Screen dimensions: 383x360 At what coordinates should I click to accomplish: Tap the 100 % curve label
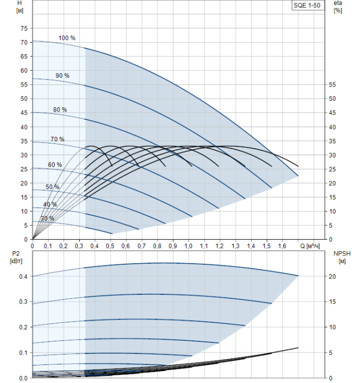67,38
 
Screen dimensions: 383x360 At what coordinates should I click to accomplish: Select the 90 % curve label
62,75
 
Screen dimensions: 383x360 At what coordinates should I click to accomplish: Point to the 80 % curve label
60,109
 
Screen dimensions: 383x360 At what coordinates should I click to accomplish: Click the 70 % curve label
57,139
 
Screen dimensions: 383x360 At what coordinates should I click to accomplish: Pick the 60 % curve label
55,165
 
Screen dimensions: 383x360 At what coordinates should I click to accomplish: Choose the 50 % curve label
53,187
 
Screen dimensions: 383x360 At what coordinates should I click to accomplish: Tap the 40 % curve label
50,204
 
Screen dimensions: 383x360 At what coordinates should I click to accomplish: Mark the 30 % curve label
47,218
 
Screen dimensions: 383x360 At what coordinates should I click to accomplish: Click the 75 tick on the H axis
23,28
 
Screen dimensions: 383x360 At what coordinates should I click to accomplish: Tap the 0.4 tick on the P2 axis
22,276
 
